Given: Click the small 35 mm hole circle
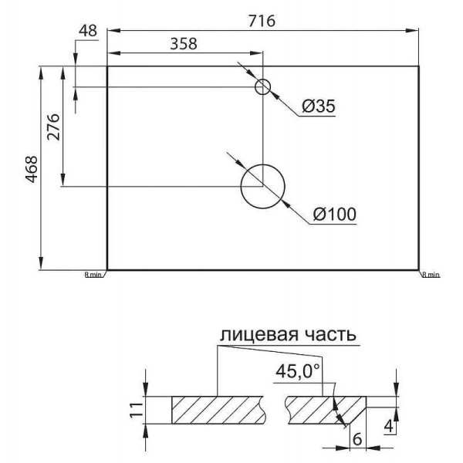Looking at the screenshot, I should pyautogui.click(x=263, y=86).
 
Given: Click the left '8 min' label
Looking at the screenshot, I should pyautogui.click(x=93, y=274).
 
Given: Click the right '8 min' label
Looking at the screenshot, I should pyautogui.click(x=431, y=274).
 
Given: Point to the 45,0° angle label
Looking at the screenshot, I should pyautogui.click(x=297, y=371).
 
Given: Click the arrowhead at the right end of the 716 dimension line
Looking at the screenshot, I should pyautogui.click(x=414, y=30).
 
